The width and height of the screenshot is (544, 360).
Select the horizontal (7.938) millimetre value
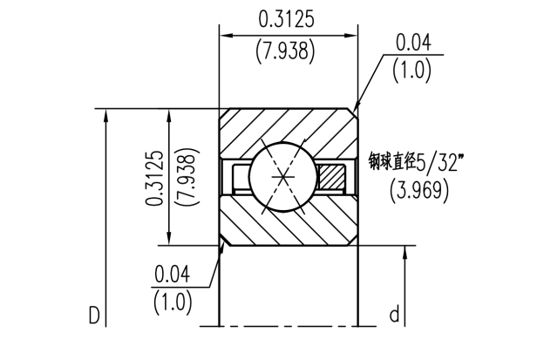(288, 51)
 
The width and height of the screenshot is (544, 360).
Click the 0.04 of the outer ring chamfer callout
(412, 42)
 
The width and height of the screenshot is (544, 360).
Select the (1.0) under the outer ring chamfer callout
(412, 71)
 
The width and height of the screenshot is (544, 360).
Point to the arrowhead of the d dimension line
(405, 253)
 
